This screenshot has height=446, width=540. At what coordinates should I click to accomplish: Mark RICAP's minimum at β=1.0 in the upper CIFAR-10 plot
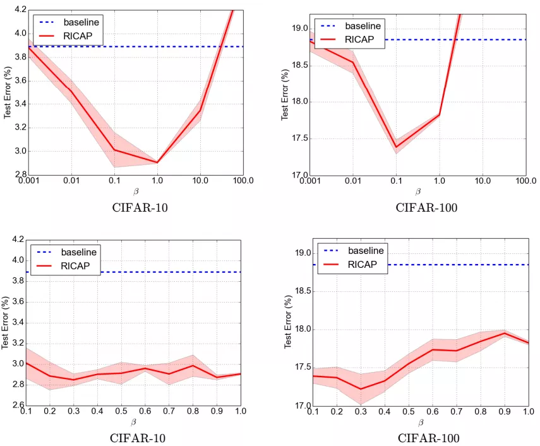click(157, 162)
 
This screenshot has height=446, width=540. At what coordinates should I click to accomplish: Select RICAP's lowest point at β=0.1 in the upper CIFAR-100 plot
click(396, 147)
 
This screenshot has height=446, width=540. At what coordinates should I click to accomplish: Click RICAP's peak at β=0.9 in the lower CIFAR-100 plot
click(505, 333)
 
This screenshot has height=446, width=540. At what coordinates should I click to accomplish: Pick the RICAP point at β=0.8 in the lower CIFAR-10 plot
click(193, 365)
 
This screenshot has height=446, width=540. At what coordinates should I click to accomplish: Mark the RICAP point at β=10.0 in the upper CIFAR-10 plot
click(200, 110)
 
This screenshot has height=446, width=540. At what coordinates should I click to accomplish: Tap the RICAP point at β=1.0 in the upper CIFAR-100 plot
click(439, 115)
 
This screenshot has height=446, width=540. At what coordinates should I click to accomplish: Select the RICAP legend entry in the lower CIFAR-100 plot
click(366, 264)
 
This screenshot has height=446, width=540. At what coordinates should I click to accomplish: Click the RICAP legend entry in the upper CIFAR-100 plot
click(363, 39)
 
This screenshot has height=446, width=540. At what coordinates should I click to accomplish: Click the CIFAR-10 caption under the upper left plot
click(140, 207)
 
